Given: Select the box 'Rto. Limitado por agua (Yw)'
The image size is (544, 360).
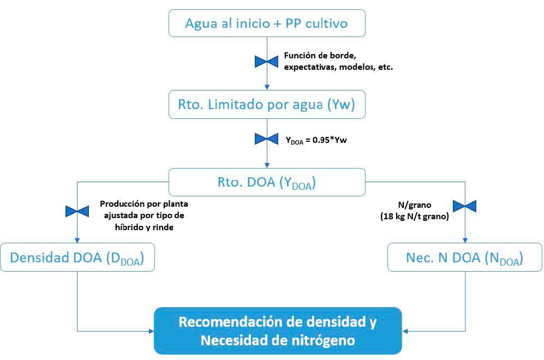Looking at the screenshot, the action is [x=267, y=104].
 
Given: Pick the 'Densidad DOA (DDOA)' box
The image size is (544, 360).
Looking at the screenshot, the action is [x=77, y=257].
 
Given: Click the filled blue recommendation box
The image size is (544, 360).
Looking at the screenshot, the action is [x=278, y=331].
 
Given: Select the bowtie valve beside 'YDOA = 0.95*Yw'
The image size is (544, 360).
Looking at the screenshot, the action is [x=267, y=140].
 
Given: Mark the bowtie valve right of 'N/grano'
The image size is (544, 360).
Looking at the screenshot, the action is [x=465, y=206].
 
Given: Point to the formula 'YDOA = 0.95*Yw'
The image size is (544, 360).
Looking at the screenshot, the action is [x=316, y=140].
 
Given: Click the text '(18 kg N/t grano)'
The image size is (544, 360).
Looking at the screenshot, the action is [x=415, y=216].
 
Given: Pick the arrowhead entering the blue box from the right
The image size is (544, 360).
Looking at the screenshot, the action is [x=406, y=331].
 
